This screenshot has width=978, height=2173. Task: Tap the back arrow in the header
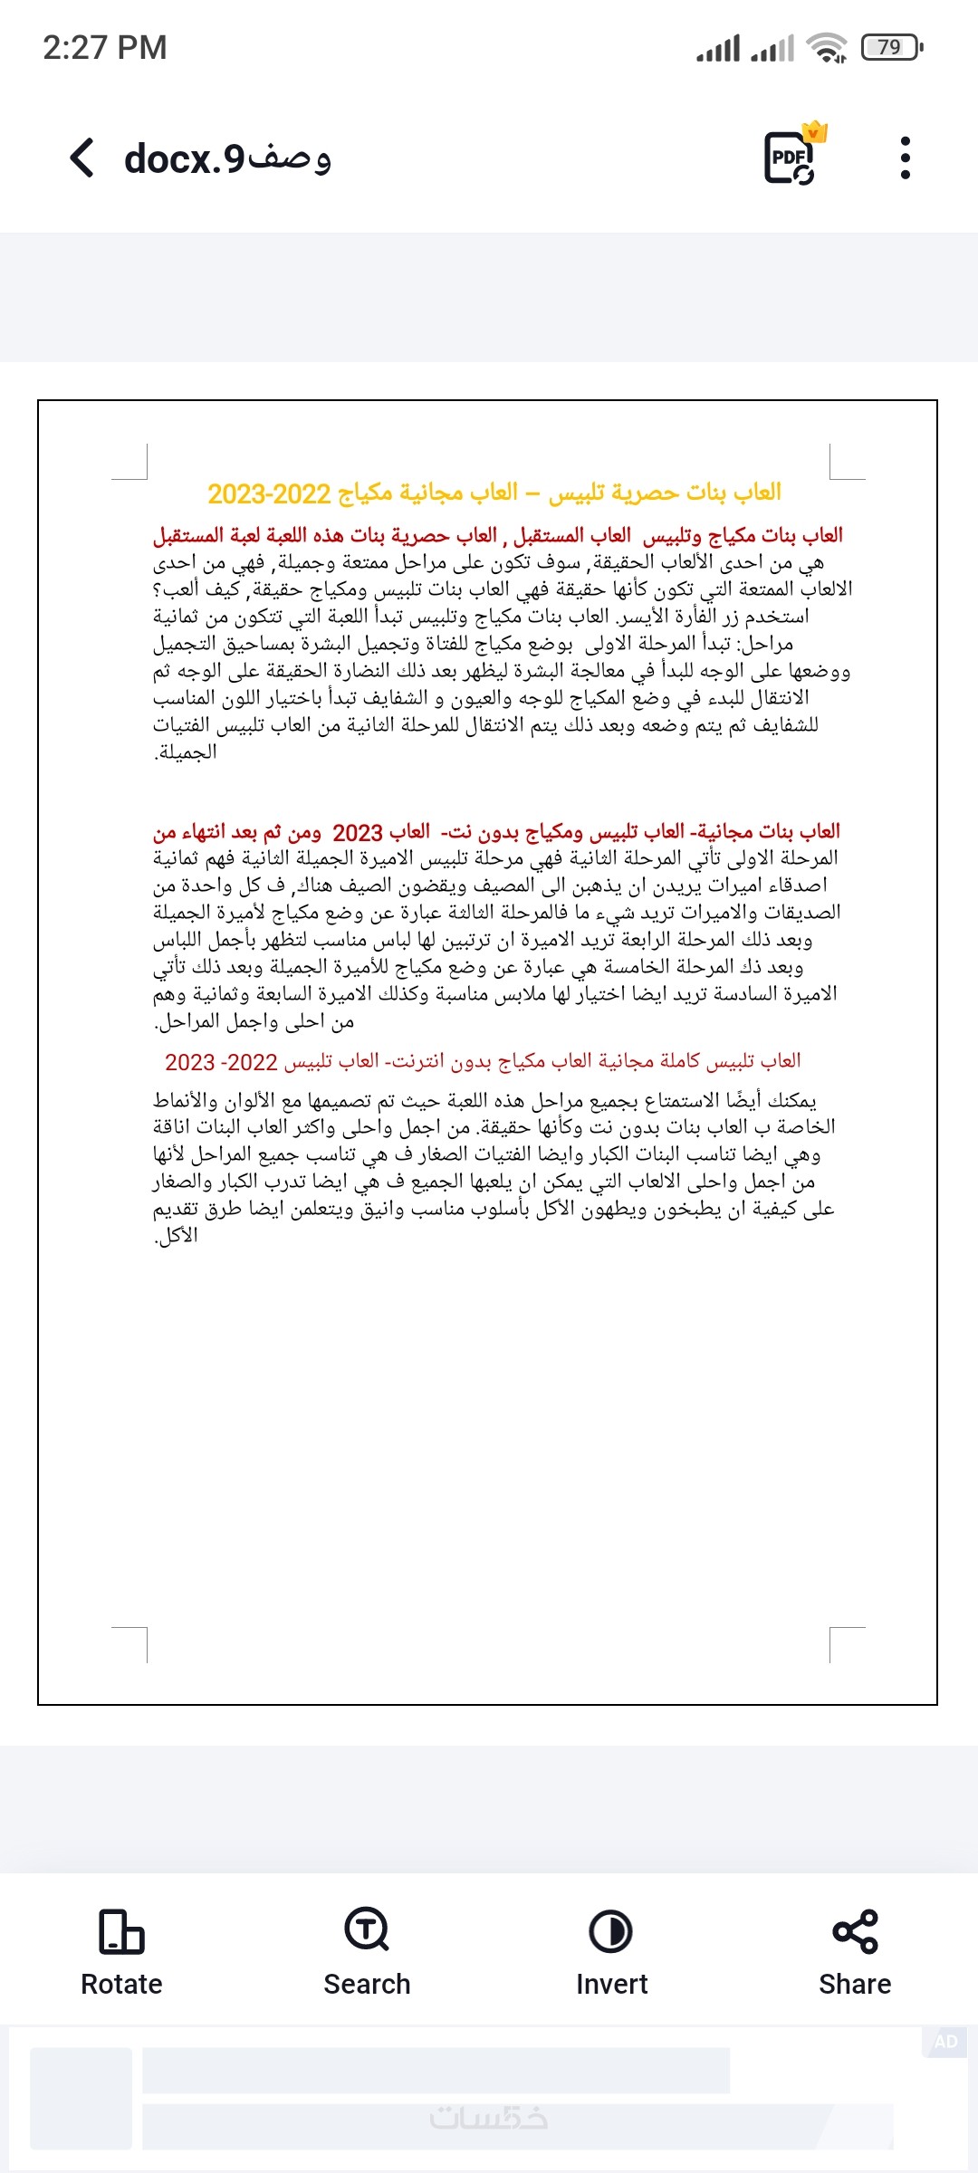click(x=82, y=158)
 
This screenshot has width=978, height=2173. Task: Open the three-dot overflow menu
click(x=905, y=158)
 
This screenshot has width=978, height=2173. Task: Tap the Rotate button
click(x=121, y=1952)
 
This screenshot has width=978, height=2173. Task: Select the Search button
click(x=367, y=1952)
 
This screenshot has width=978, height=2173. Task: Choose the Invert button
click(x=611, y=1952)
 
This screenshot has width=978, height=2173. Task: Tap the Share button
click(x=855, y=1952)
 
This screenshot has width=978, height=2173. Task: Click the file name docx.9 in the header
click(x=227, y=158)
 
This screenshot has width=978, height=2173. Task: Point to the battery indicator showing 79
click(x=892, y=47)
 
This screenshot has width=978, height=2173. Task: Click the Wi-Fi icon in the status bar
click(x=827, y=47)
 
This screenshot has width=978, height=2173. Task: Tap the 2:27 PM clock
click(x=105, y=48)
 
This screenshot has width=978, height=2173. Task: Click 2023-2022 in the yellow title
click(x=269, y=494)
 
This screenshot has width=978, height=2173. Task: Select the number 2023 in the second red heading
click(x=358, y=833)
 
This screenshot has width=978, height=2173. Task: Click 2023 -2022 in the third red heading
click(x=221, y=1062)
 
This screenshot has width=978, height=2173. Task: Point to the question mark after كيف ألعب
click(x=158, y=590)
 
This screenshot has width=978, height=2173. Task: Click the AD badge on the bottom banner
click(x=946, y=2042)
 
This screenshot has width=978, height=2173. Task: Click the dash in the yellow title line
click(x=532, y=493)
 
